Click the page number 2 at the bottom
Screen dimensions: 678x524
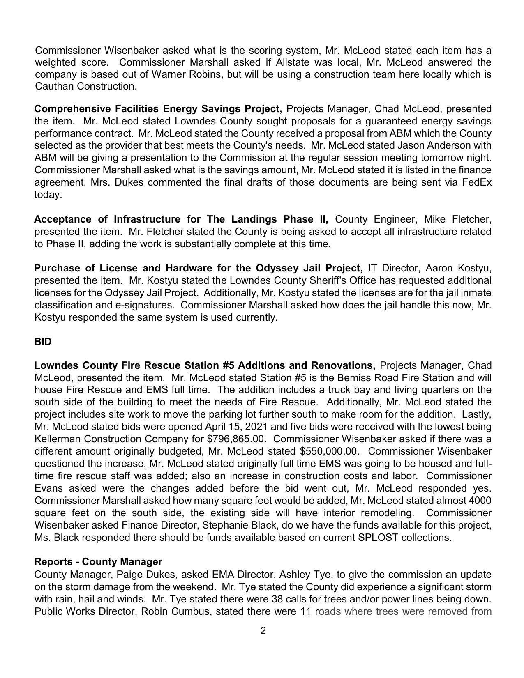pos(263,630)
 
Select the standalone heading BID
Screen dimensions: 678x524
pos(43,342)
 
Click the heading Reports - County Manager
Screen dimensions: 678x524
pos(98,561)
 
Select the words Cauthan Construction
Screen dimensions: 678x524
pos(85,86)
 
